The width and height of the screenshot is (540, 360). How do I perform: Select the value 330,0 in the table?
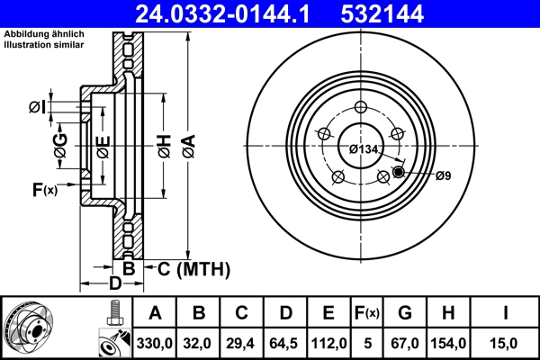point(155,343)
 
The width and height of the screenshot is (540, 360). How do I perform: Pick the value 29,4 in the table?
point(241,343)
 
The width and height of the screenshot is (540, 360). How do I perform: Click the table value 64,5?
point(285,343)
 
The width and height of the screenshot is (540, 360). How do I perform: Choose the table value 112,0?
point(328,343)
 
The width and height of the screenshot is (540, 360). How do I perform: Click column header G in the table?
point(405,313)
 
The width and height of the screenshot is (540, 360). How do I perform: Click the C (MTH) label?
point(194,268)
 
